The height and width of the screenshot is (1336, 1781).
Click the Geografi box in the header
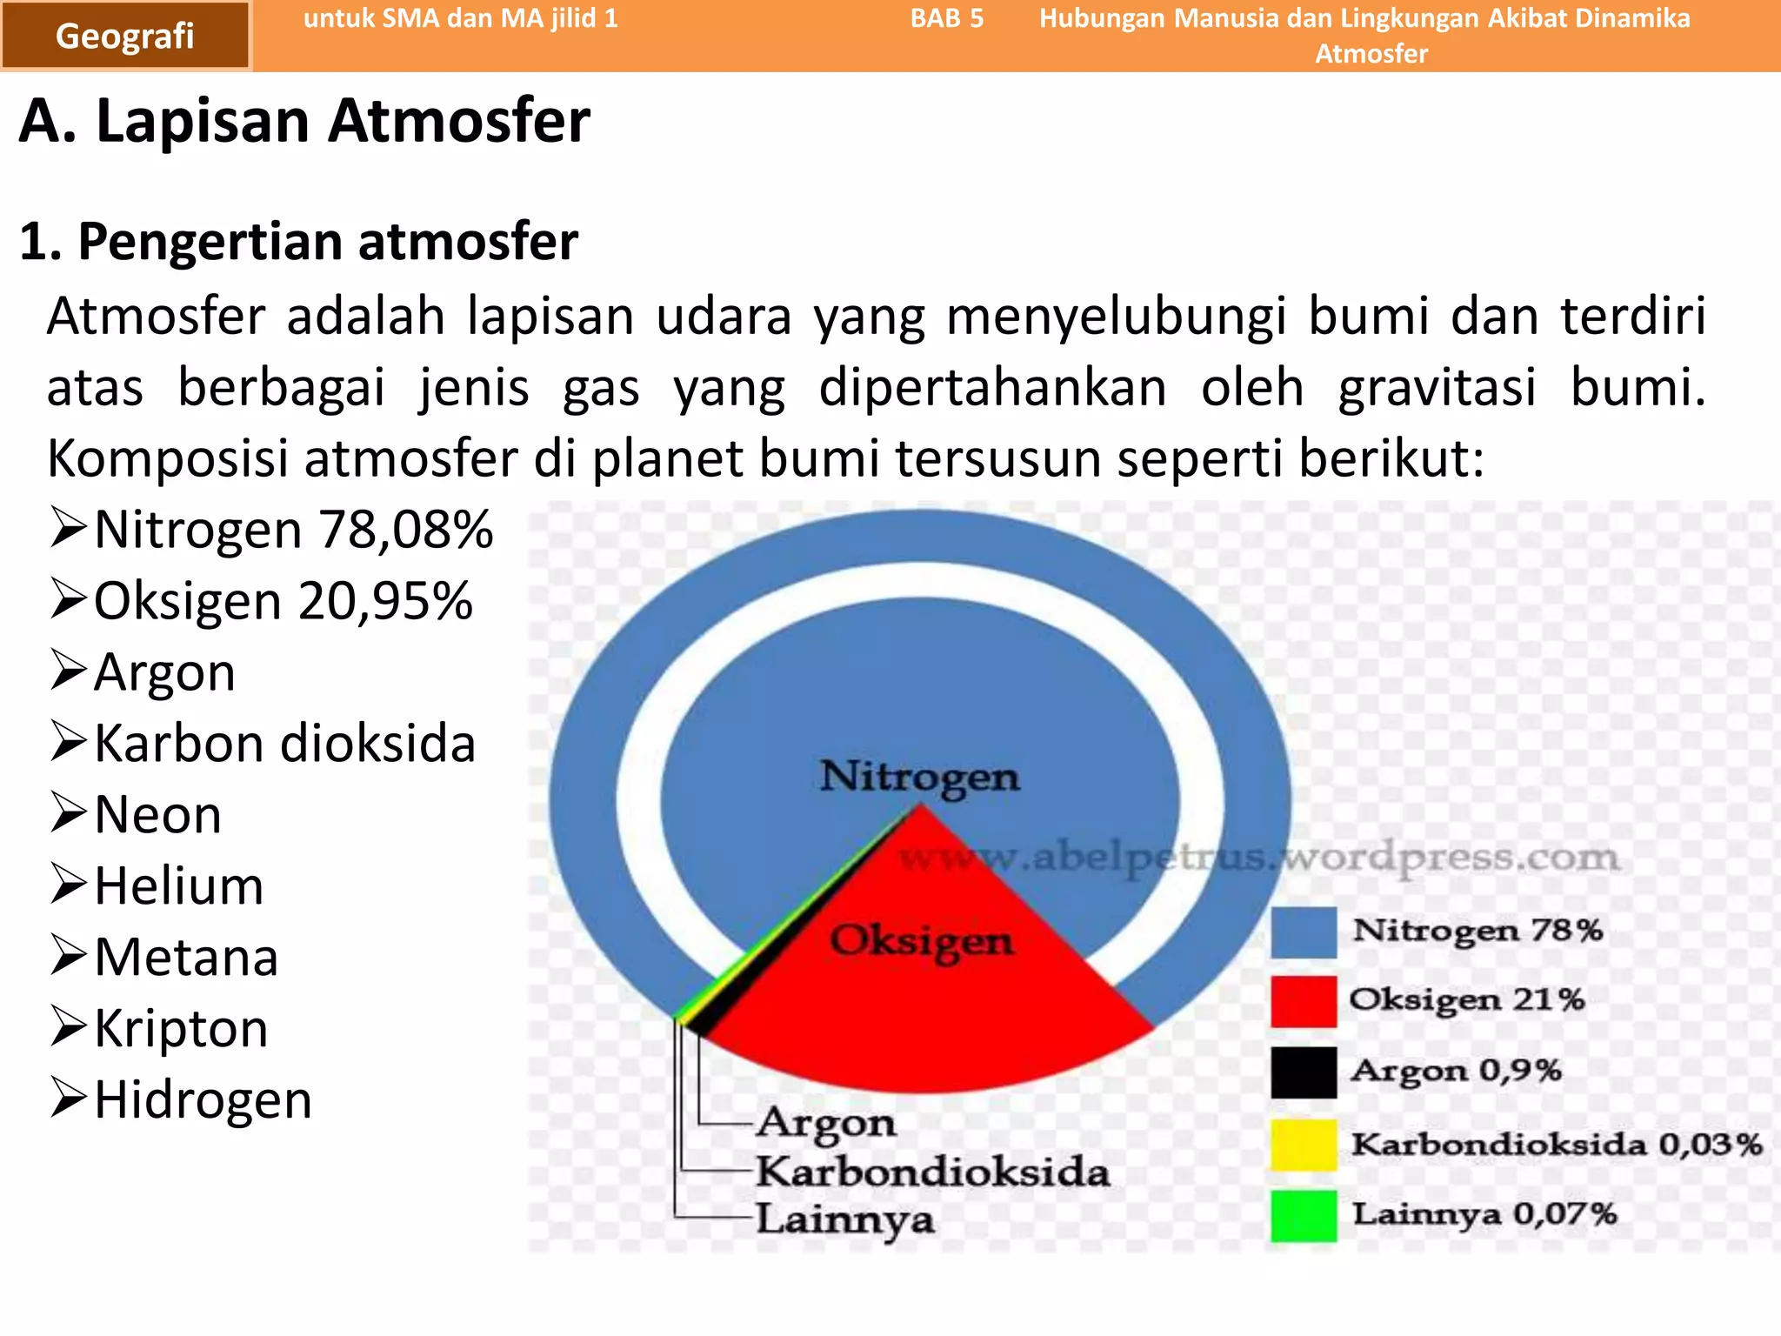(125, 36)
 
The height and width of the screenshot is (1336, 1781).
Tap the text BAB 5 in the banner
(947, 18)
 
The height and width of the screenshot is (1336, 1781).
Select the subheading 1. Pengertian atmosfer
(298, 241)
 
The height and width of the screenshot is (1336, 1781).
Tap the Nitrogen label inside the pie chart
(920, 776)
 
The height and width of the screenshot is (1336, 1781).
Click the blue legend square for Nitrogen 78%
(1303, 932)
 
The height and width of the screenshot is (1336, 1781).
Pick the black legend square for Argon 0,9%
(1303, 1072)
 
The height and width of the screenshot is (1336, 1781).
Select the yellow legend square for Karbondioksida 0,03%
(1303, 1145)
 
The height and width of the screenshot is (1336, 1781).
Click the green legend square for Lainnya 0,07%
(1303, 1215)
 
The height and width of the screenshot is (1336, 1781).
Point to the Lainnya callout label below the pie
(844, 1219)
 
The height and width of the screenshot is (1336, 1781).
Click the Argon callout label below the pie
(825, 1123)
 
